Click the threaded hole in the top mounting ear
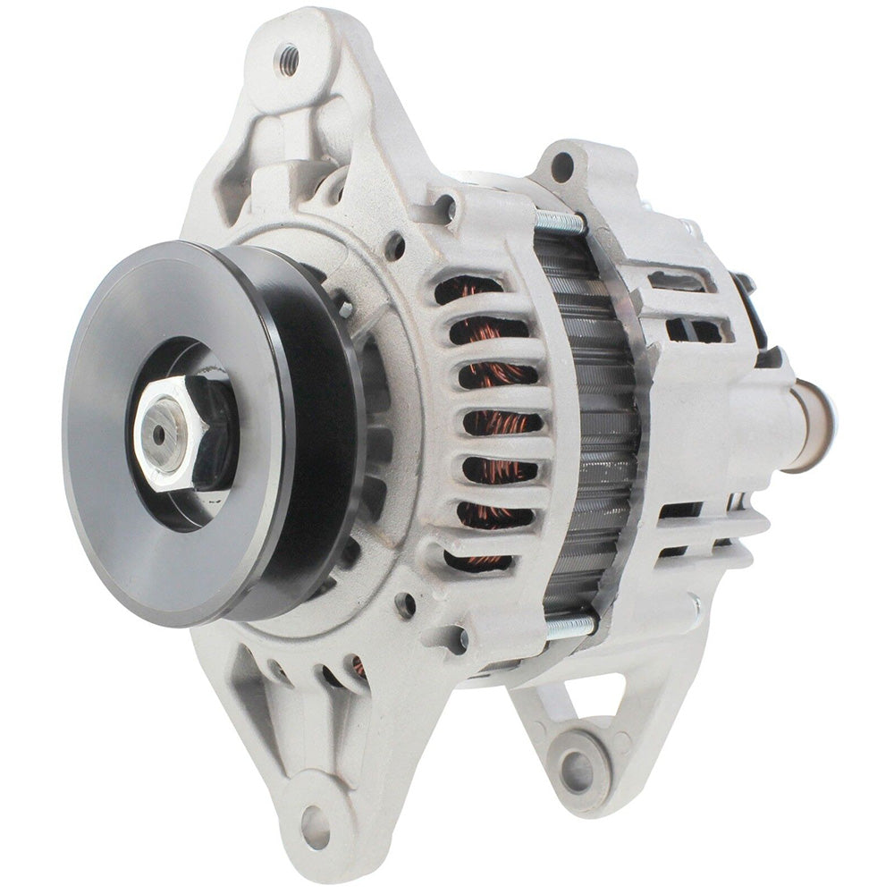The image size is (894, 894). click(289, 60)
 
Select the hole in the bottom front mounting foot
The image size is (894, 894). click(315, 815)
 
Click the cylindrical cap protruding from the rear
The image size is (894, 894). click(813, 425)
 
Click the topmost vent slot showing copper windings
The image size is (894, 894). click(469, 291)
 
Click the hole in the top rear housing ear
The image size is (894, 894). click(562, 166)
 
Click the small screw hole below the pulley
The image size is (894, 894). click(406, 605)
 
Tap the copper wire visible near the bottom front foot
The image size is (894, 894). click(358, 666)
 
